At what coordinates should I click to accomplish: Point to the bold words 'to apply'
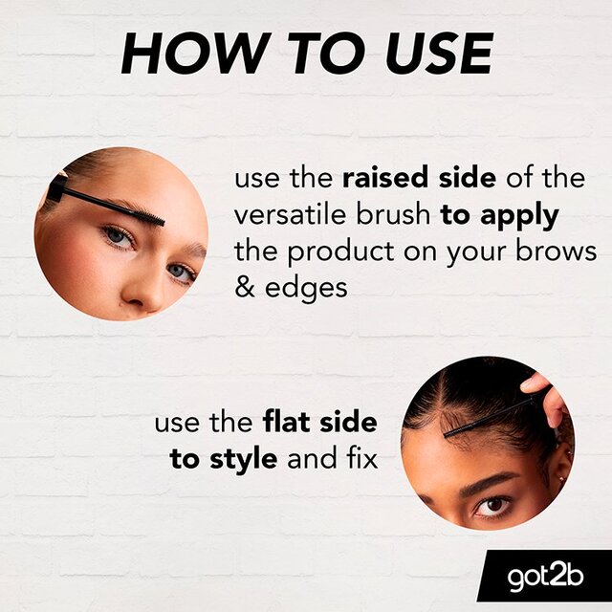click(x=499, y=216)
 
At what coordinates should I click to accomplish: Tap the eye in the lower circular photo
click(x=490, y=505)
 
